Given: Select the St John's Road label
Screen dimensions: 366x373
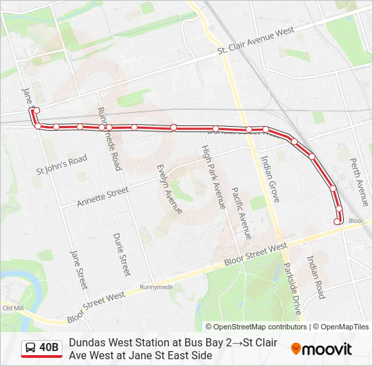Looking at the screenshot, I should (x=62, y=165).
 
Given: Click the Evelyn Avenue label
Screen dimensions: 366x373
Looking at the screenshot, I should (x=169, y=188).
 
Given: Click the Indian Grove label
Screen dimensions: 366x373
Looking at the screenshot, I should (x=270, y=178).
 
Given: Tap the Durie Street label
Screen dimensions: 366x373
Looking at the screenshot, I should (x=121, y=254).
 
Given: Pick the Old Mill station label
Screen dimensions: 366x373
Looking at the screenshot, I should (x=13, y=308).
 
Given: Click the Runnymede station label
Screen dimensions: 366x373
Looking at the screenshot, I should (x=155, y=287).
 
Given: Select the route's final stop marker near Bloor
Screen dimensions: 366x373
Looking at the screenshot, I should (x=337, y=221).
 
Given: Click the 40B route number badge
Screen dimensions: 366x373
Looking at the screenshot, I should (x=50, y=348).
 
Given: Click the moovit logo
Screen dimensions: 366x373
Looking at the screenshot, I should (x=321, y=349).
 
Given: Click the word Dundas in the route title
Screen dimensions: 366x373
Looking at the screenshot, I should (x=86, y=342).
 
